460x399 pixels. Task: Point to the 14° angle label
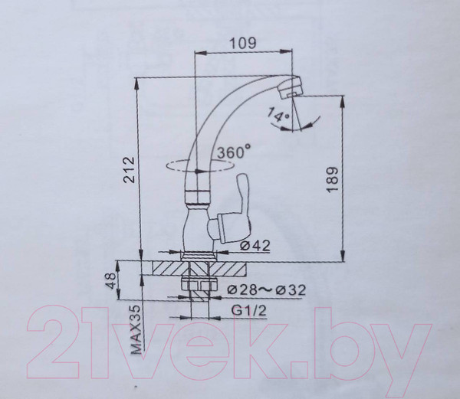(278, 116)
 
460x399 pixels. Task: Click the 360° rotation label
(235, 152)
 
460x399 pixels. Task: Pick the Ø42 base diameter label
(253, 246)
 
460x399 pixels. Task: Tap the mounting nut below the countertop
(197, 286)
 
